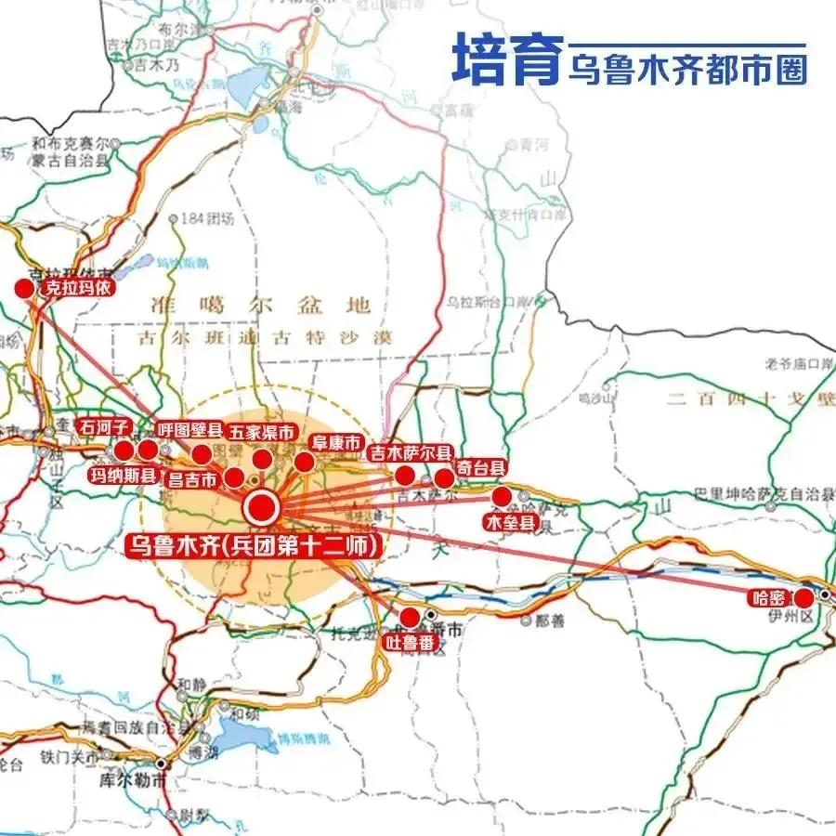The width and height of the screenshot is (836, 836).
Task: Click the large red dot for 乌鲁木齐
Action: click(x=261, y=508)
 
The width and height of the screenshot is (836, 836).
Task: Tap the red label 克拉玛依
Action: click(x=77, y=288)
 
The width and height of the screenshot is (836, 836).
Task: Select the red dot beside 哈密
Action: click(x=803, y=597)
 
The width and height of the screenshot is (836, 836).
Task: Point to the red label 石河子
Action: click(x=105, y=427)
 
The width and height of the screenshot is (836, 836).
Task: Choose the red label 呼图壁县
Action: click(x=189, y=429)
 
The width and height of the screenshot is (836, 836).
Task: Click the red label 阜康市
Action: click(x=337, y=444)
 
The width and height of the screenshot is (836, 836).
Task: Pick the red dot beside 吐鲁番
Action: click(x=409, y=617)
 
